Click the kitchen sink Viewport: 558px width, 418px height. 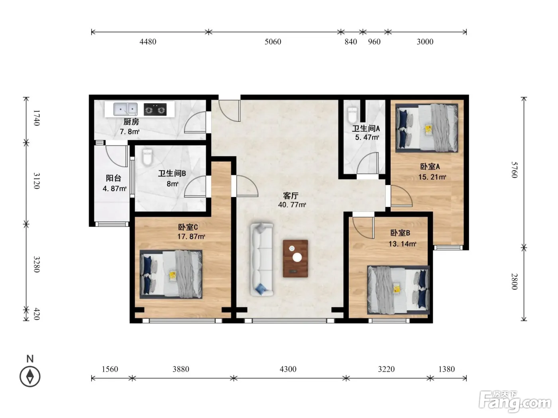(x=125, y=109)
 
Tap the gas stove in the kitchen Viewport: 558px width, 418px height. (x=155, y=109)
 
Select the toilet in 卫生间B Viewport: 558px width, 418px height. (x=147, y=157)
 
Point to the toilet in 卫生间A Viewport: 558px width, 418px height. (x=352, y=115)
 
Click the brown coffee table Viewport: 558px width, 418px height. (x=295, y=259)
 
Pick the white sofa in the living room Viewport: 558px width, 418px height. (x=262, y=259)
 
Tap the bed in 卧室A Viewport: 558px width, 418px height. (x=426, y=128)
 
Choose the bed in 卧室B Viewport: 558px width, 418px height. (x=398, y=290)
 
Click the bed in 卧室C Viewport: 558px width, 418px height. (x=171, y=274)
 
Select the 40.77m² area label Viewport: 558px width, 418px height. (x=292, y=205)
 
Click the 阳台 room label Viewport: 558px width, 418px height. (x=113, y=178)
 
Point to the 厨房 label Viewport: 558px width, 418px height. (x=131, y=122)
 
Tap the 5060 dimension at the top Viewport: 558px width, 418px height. (x=273, y=42)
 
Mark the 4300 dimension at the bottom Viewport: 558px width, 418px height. (x=288, y=369)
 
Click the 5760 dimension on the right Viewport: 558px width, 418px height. (x=514, y=170)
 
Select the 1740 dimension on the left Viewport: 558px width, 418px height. (x=37, y=118)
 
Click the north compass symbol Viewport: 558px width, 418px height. (x=30, y=377)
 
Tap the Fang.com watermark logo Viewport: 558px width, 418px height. (x=515, y=402)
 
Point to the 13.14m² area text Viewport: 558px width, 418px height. (x=403, y=244)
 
